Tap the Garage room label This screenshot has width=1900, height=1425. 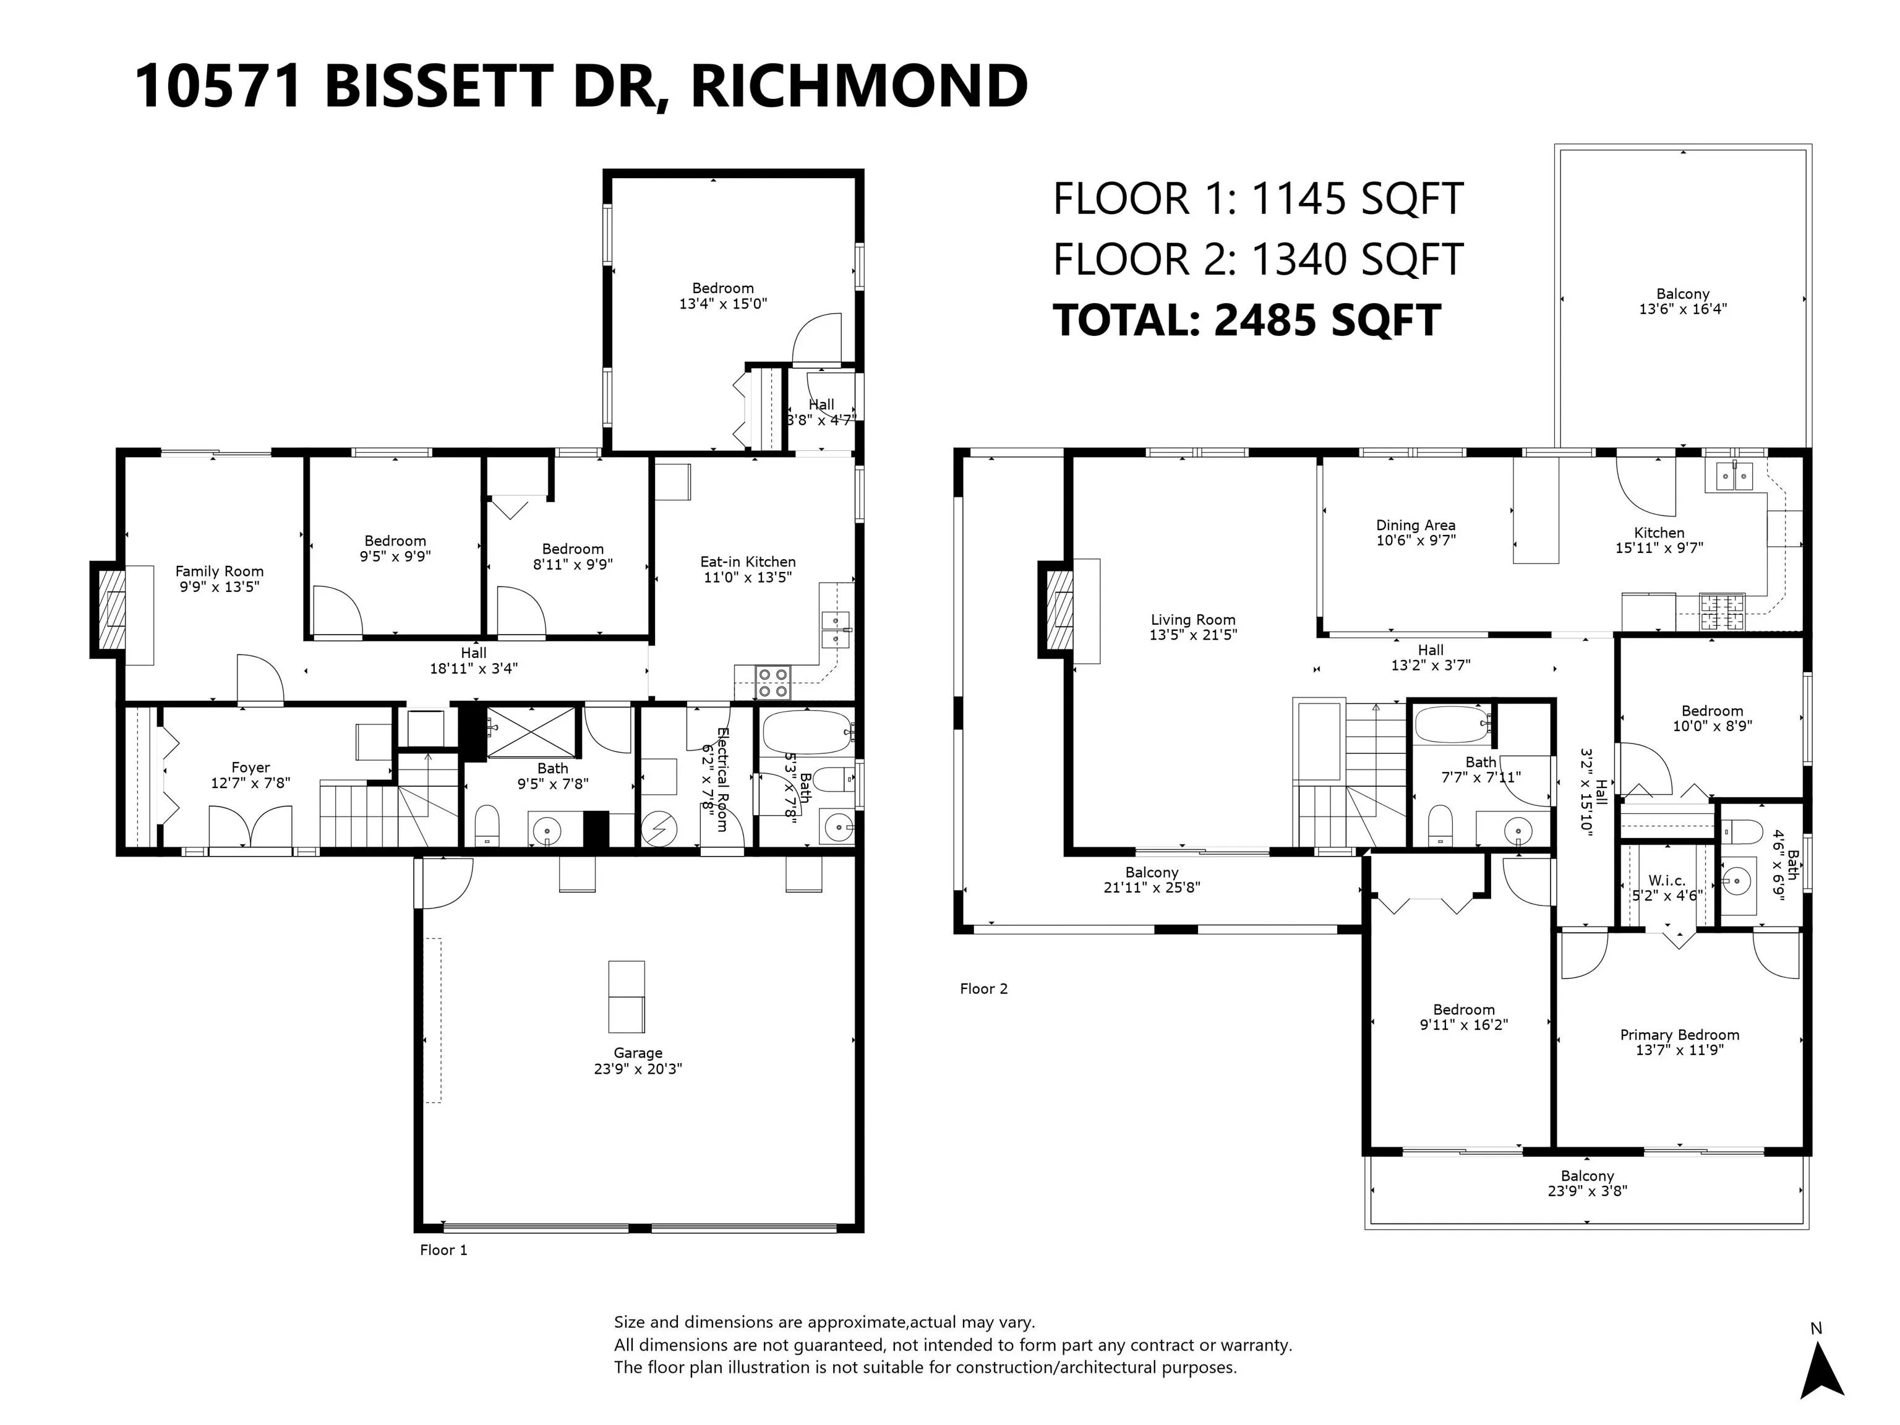click(x=637, y=1061)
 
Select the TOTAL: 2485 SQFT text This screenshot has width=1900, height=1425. click(x=1246, y=320)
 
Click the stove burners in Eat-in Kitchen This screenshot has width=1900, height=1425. click(x=772, y=683)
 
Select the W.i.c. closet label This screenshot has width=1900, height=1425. click(x=1666, y=881)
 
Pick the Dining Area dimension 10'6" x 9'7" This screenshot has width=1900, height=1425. click(x=1416, y=541)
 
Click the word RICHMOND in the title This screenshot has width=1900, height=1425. click(x=859, y=86)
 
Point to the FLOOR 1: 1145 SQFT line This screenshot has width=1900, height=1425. click(x=1257, y=199)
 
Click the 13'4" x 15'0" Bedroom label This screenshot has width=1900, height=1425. click(x=722, y=296)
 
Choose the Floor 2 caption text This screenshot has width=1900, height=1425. click(x=983, y=988)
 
